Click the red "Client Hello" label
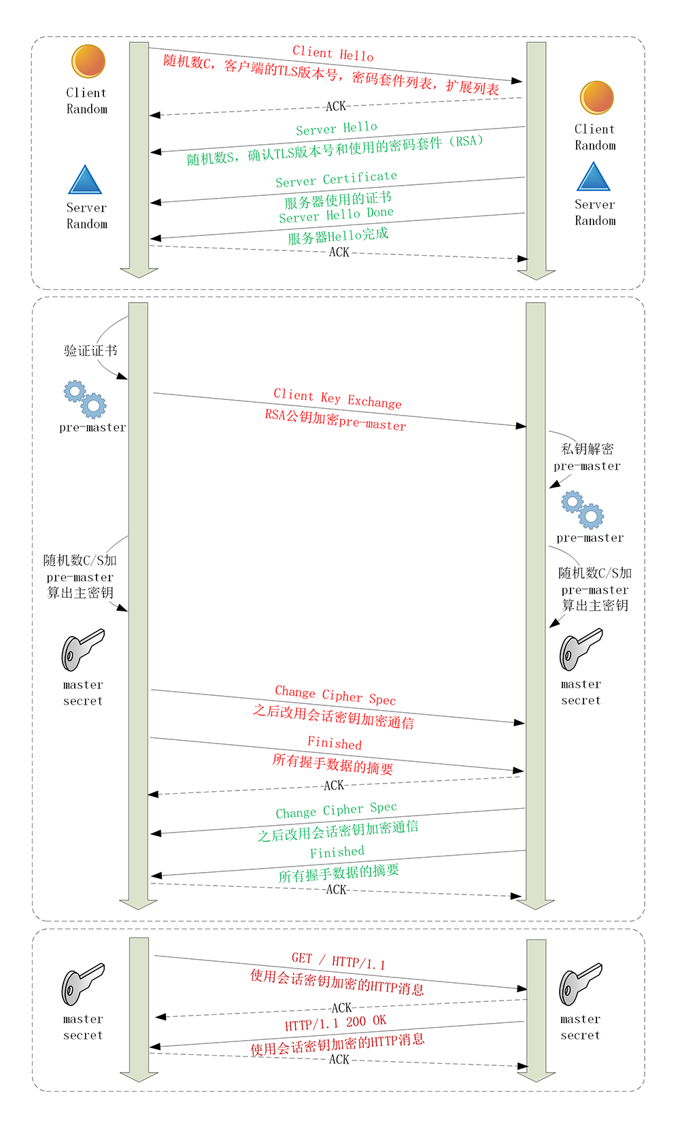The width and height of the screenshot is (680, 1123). tap(333, 53)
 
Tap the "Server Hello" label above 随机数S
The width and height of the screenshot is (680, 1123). tap(336, 128)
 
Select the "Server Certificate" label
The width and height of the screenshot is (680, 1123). tap(336, 179)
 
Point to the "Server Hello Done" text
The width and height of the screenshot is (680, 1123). tap(336, 215)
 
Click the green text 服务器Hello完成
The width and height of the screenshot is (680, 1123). tap(338, 236)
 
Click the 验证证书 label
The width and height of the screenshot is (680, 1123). tap(90, 351)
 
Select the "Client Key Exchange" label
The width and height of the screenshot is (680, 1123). tap(337, 399)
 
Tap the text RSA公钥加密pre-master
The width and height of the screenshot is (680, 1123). tap(335, 420)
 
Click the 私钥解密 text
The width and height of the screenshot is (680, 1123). tap(587, 449)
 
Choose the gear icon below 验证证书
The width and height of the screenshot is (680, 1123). tap(85, 399)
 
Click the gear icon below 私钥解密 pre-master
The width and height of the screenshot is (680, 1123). tap(583, 510)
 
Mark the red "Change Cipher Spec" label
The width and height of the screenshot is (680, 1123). tap(335, 695)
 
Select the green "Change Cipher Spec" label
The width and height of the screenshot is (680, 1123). tap(336, 810)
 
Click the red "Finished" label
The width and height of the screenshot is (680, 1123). tap(335, 743)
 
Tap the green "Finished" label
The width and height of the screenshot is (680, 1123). tap(337, 852)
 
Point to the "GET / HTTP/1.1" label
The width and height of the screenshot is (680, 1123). tap(338, 961)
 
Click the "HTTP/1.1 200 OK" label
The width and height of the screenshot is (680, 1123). tap(335, 1023)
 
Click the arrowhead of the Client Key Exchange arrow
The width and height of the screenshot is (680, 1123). tap(521, 426)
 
